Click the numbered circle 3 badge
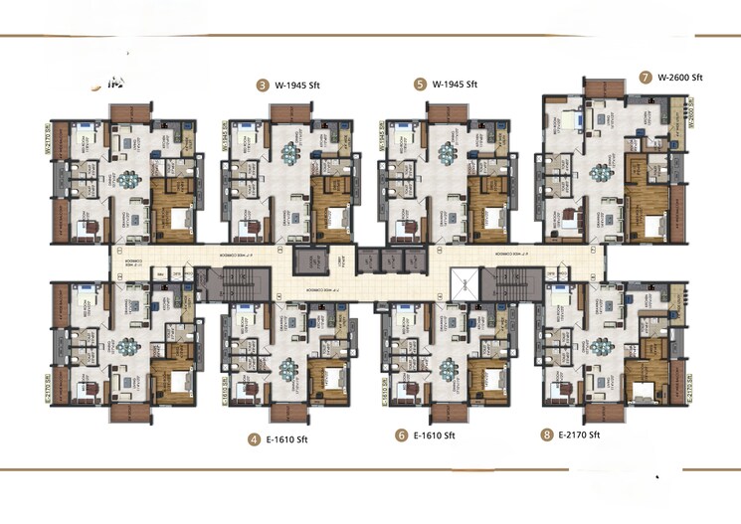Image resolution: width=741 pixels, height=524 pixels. [x=263, y=86]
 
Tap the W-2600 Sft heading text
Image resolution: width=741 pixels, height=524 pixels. [x=680, y=78]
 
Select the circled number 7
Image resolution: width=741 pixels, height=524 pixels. [x=647, y=78]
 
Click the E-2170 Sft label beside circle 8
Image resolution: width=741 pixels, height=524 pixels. [x=580, y=436]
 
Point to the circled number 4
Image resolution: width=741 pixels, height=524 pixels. [x=256, y=438]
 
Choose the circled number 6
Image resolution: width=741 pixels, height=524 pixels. [x=402, y=436]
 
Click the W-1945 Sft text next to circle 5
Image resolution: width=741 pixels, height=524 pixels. [x=456, y=86]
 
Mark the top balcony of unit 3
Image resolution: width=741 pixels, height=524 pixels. [x=288, y=111]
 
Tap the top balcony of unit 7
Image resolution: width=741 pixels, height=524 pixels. [x=604, y=87]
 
